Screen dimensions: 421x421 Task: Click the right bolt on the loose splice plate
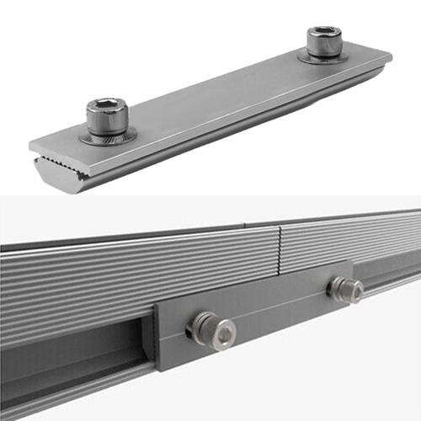pos(323,42)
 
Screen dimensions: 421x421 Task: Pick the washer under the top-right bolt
pos(323,57)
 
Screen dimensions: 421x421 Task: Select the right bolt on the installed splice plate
pos(345,290)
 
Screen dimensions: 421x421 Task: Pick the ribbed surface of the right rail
pos(354,244)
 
